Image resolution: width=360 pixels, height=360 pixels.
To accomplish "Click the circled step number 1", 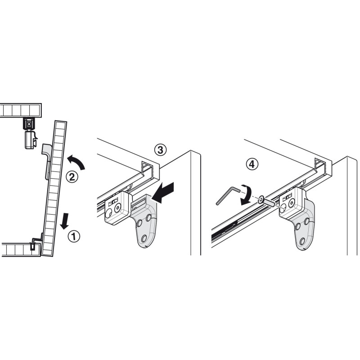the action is point(74,237).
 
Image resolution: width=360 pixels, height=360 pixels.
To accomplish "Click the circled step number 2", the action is point(72,177).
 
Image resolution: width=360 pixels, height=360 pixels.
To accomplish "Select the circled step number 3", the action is point(160,150).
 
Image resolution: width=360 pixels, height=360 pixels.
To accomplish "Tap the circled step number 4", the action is point(252,164).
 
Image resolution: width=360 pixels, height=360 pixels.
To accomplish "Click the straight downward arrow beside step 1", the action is point(64,221).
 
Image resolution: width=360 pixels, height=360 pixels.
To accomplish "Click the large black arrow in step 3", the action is point(163,193).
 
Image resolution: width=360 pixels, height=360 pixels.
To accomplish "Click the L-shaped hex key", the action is point(227,195).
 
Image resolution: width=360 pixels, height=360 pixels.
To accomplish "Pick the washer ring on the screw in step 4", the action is point(261,200).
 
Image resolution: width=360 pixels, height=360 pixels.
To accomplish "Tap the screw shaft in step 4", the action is point(269,203).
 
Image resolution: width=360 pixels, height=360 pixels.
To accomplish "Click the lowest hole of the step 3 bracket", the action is point(144,238).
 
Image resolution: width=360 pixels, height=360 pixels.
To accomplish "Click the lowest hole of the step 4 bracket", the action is point(302,241).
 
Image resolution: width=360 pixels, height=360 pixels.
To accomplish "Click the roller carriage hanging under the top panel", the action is point(30,133).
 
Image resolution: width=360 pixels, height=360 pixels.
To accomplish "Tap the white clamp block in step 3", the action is point(118,208).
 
